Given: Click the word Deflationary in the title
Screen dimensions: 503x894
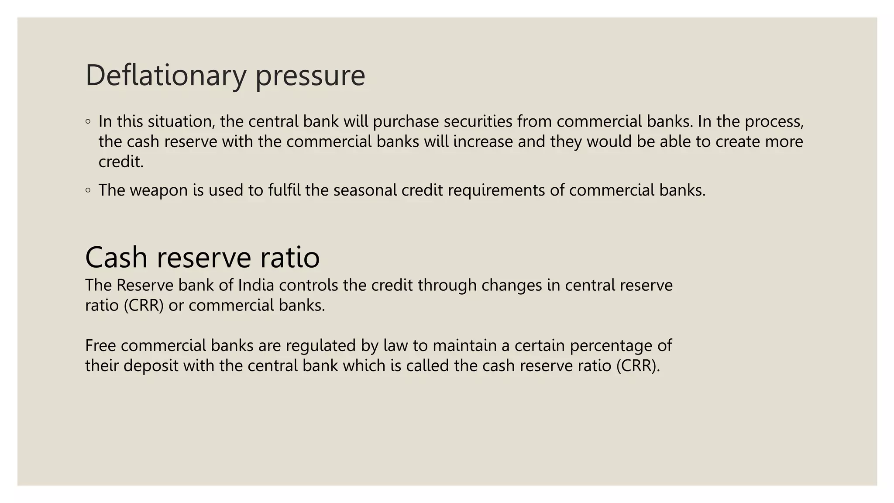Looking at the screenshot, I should [x=166, y=75].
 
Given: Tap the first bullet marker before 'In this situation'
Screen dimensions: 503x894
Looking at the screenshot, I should [x=88, y=121].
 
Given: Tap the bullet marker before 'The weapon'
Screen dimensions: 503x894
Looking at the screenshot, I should [x=88, y=190].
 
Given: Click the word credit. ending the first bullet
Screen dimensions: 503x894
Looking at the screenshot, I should [x=121, y=162].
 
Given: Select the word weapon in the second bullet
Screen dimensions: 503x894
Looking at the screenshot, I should [x=159, y=190].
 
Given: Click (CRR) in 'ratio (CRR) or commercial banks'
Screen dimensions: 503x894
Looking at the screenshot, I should [x=144, y=305].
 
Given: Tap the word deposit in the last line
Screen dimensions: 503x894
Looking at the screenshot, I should [x=151, y=366].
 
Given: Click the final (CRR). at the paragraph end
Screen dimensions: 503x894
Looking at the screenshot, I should [x=638, y=366].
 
